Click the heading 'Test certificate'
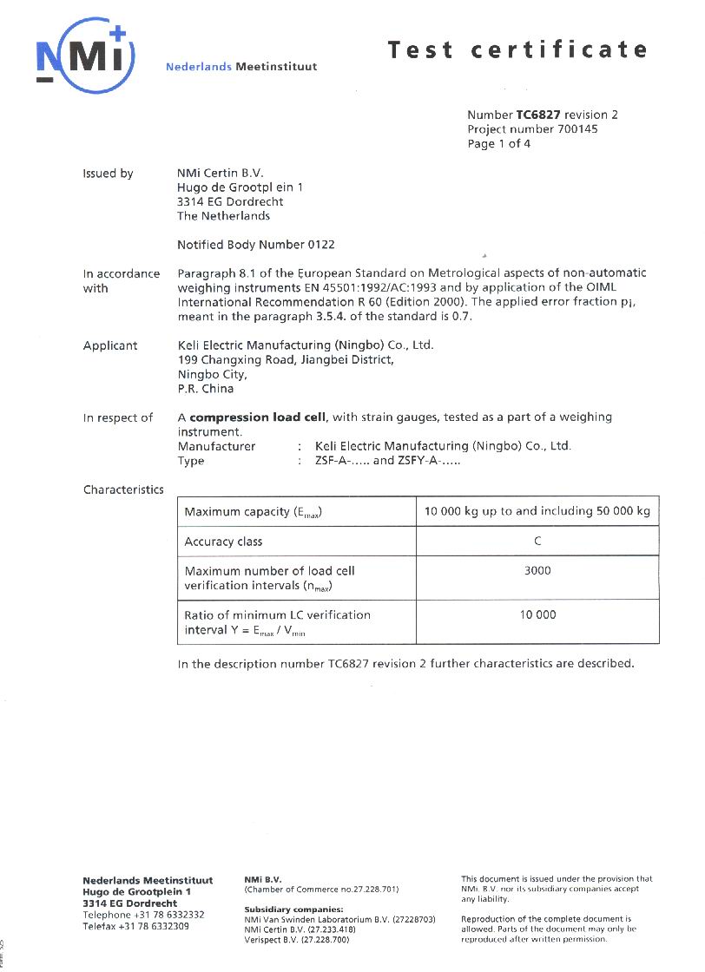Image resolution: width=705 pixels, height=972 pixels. (x=517, y=49)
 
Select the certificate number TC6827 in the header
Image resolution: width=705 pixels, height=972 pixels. (x=538, y=115)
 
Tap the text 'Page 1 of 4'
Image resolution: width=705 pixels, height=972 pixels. (x=498, y=144)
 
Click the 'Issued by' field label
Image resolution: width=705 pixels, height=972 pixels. (x=108, y=174)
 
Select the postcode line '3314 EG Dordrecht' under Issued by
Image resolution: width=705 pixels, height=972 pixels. (x=230, y=202)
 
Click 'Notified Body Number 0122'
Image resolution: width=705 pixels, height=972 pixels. (x=255, y=245)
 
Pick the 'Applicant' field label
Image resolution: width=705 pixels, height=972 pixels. (x=110, y=345)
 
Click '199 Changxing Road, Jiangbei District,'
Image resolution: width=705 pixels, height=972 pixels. (x=285, y=359)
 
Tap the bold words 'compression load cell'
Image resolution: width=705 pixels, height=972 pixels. (x=258, y=417)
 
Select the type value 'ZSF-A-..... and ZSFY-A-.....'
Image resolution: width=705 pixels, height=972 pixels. (x=387, y=461)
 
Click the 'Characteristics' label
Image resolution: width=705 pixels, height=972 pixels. (x=123, y=489)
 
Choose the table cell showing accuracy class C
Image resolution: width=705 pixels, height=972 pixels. (x=537, y=542)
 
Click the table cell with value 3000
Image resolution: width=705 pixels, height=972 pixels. (x=537, y=571)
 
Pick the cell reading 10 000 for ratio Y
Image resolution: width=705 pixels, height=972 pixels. (x=537, y=615)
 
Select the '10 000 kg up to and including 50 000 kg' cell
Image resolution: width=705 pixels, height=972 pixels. (x=537, y=512)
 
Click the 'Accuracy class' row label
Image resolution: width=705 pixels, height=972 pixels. (x=223, y=542)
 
